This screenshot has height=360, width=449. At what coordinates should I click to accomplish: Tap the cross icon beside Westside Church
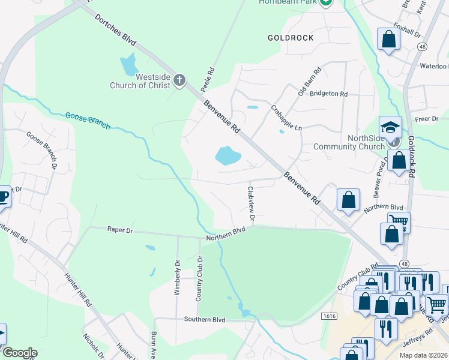[x=178, y=80]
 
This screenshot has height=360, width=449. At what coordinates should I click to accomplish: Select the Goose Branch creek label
[x=88, y=120]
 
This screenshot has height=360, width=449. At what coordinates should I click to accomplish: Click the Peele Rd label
[x=207, y=80]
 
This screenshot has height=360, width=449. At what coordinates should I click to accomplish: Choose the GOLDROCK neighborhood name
[x=291, y=38]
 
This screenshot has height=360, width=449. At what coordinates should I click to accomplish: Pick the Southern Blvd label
[x=204, y=320]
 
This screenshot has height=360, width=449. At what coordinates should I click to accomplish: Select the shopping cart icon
[x=399, y=221]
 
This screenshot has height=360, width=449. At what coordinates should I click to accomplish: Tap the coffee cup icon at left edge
[x=3, y=197]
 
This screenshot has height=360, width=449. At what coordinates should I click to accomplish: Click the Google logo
[x=19, y=353]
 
